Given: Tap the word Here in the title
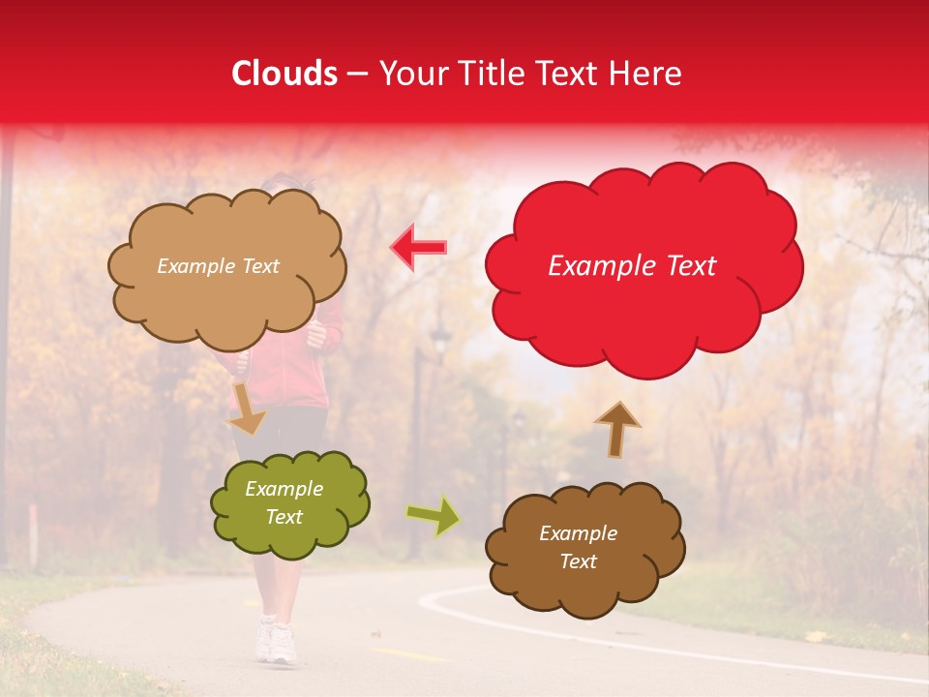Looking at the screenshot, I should (x=647, y=74).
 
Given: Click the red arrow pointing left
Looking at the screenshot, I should (x=419, y=248).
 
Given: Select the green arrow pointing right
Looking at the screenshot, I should (x=433, y=515).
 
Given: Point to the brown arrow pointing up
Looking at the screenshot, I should (x=616, y=428).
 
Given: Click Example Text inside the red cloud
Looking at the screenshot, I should (x=632, y=266).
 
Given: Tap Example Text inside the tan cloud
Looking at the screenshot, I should (x=218, y=266).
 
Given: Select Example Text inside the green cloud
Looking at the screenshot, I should (x=284, y=503).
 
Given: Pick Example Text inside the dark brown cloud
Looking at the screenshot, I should (x=578, y=548).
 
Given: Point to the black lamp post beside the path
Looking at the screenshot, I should (x=418, y=436).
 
